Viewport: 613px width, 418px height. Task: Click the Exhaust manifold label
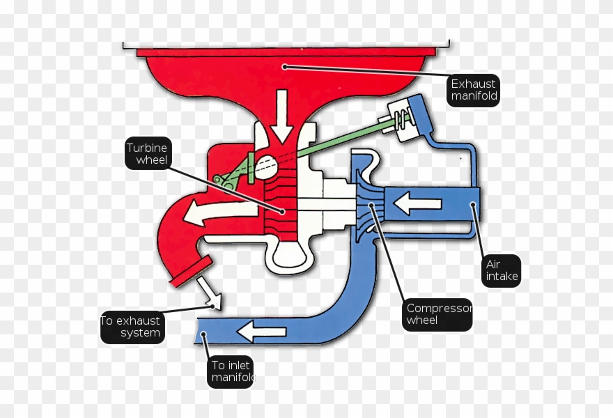click(474, 90)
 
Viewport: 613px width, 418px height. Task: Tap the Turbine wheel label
click(148, 153)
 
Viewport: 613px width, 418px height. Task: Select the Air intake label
click(502, 270)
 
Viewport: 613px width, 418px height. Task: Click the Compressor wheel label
click(438, 314)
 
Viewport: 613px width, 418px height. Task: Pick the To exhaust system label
click(131, 327)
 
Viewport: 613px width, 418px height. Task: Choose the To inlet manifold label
click(231, 372)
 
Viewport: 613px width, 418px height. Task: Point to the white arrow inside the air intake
click(418, 204)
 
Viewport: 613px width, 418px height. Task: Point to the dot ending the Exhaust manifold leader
click(284, 67)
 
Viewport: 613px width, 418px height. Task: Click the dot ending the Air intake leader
click(473, 205)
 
